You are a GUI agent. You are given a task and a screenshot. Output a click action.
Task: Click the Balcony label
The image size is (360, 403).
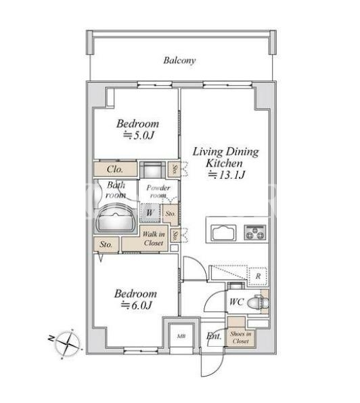click(179, 61)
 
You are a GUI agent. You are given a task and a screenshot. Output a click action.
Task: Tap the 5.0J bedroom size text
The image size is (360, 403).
click(139, 135)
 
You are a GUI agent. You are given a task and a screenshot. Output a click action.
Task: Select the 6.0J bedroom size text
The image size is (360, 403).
click(137, 305)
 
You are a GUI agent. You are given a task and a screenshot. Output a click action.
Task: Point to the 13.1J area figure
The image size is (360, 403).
click(227, 175)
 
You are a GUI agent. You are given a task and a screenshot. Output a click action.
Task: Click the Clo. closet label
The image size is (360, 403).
click(115, 169)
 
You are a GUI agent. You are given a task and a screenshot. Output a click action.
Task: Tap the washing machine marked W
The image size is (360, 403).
click(150, 213)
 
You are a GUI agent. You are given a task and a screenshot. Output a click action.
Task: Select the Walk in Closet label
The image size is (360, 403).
click(154, 238)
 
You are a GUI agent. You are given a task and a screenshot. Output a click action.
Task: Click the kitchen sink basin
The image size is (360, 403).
click(223, 232)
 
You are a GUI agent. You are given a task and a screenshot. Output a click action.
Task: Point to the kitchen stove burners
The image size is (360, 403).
click(255, 232)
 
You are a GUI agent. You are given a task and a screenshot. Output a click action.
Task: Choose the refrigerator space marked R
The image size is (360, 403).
click(258, 276)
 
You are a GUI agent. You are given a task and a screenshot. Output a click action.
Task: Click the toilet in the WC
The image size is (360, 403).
click(258, 302)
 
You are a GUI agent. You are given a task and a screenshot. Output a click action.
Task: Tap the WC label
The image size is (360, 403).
click(236, 301)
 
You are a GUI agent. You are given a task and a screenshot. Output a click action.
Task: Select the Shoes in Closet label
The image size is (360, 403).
click(241, 337)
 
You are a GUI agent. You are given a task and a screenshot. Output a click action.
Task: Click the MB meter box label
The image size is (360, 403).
click(181, 336)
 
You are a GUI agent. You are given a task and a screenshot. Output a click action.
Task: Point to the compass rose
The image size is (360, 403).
click(68, 343)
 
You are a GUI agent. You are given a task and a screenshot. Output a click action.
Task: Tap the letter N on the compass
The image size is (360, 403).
click(51, 338)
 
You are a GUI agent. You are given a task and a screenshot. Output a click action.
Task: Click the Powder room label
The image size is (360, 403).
click(158, 192)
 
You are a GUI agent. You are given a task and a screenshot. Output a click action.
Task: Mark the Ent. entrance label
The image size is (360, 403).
click(214, 336)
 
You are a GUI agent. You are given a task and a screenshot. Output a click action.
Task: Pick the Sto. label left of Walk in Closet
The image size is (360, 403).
click(106, 244)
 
